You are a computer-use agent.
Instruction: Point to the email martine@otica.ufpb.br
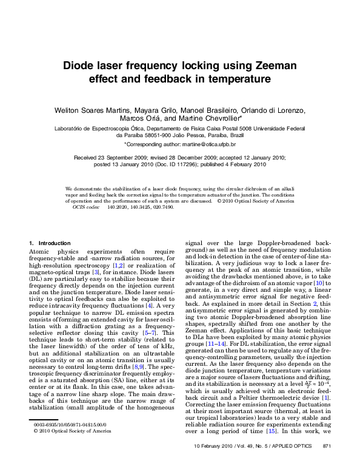click(209, 145)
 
